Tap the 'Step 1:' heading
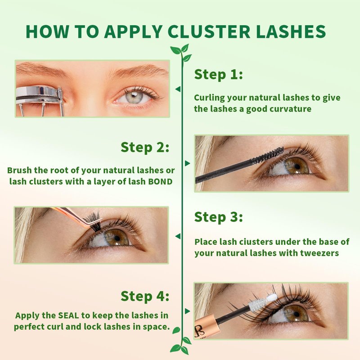(218, 74)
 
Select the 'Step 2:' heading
(145, 147)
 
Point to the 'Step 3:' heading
(218, 217)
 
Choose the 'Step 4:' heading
(145, 296)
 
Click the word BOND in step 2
(161, 182)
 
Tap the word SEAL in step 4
(69, 315)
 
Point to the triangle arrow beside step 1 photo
(177, 89)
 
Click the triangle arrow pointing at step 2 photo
(188, 163)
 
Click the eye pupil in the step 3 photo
(117, 238)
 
